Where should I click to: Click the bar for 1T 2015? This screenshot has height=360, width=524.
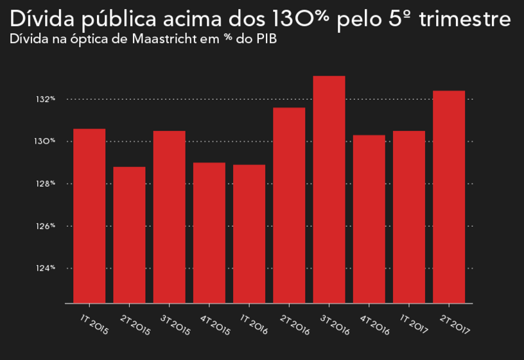point(89,216)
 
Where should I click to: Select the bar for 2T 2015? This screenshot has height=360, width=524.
point(129,235)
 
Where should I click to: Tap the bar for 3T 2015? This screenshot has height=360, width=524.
point(169,217)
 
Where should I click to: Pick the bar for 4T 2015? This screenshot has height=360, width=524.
point(209,232)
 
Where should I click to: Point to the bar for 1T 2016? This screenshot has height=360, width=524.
point(249,234)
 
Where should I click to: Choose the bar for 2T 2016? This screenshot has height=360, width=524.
point(289,205)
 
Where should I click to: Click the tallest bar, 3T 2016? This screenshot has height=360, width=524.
point(329,189)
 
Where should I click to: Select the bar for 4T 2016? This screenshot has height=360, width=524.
point(369,219)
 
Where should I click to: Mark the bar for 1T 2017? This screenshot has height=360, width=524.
point(409,217)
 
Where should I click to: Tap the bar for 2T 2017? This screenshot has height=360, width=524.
point(449,196)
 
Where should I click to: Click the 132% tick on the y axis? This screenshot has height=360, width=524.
point(46,99)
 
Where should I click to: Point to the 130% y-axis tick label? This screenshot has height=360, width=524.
point(46,141)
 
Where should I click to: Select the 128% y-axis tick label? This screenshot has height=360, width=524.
point(46,184)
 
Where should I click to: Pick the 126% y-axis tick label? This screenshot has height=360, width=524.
point(46,226)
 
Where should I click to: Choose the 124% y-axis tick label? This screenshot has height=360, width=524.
point(46,268)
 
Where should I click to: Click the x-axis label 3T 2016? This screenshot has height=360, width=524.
point(335,321)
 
